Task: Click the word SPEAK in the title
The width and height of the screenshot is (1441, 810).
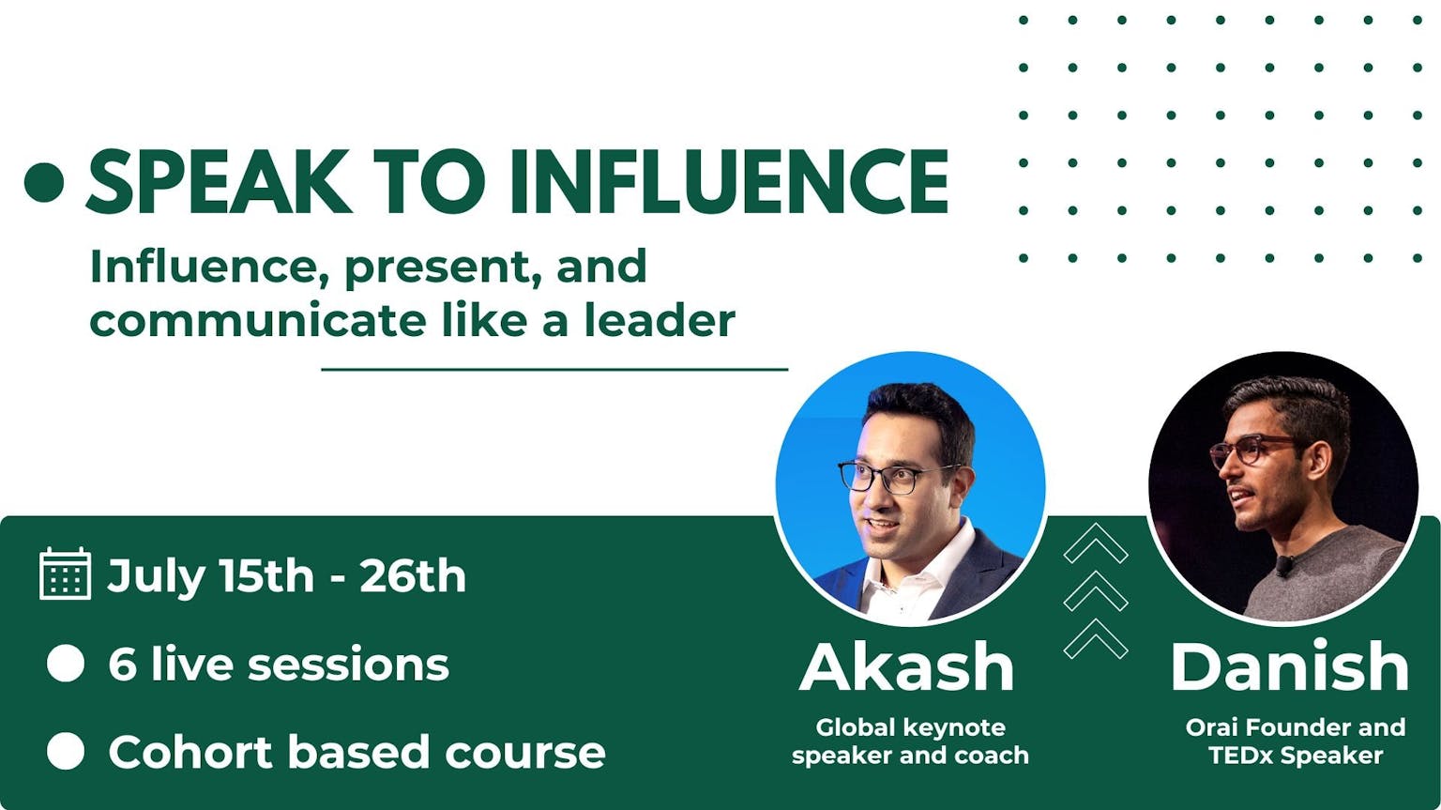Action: pos(219,181)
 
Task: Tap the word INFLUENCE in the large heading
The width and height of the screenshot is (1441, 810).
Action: pos(730,181)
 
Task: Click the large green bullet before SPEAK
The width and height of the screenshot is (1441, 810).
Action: pos(44,182)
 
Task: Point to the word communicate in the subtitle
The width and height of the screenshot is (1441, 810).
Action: pos(257,321)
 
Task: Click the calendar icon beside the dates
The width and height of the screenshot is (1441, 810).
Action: pos(65,573)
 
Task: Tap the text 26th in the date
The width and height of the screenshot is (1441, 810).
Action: pos(413,575)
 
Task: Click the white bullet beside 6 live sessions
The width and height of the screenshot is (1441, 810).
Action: pos(66,664)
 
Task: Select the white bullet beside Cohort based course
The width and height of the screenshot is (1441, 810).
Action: pos(66,751)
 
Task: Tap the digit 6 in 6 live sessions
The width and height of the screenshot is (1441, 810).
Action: pos(122,664)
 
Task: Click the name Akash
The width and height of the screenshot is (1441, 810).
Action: pos(907,666)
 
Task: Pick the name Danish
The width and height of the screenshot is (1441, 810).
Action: pos(1290,666)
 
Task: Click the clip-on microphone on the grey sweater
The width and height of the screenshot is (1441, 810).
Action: pos(1284,566)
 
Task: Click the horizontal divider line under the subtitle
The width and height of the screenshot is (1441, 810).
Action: pos(554,369)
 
